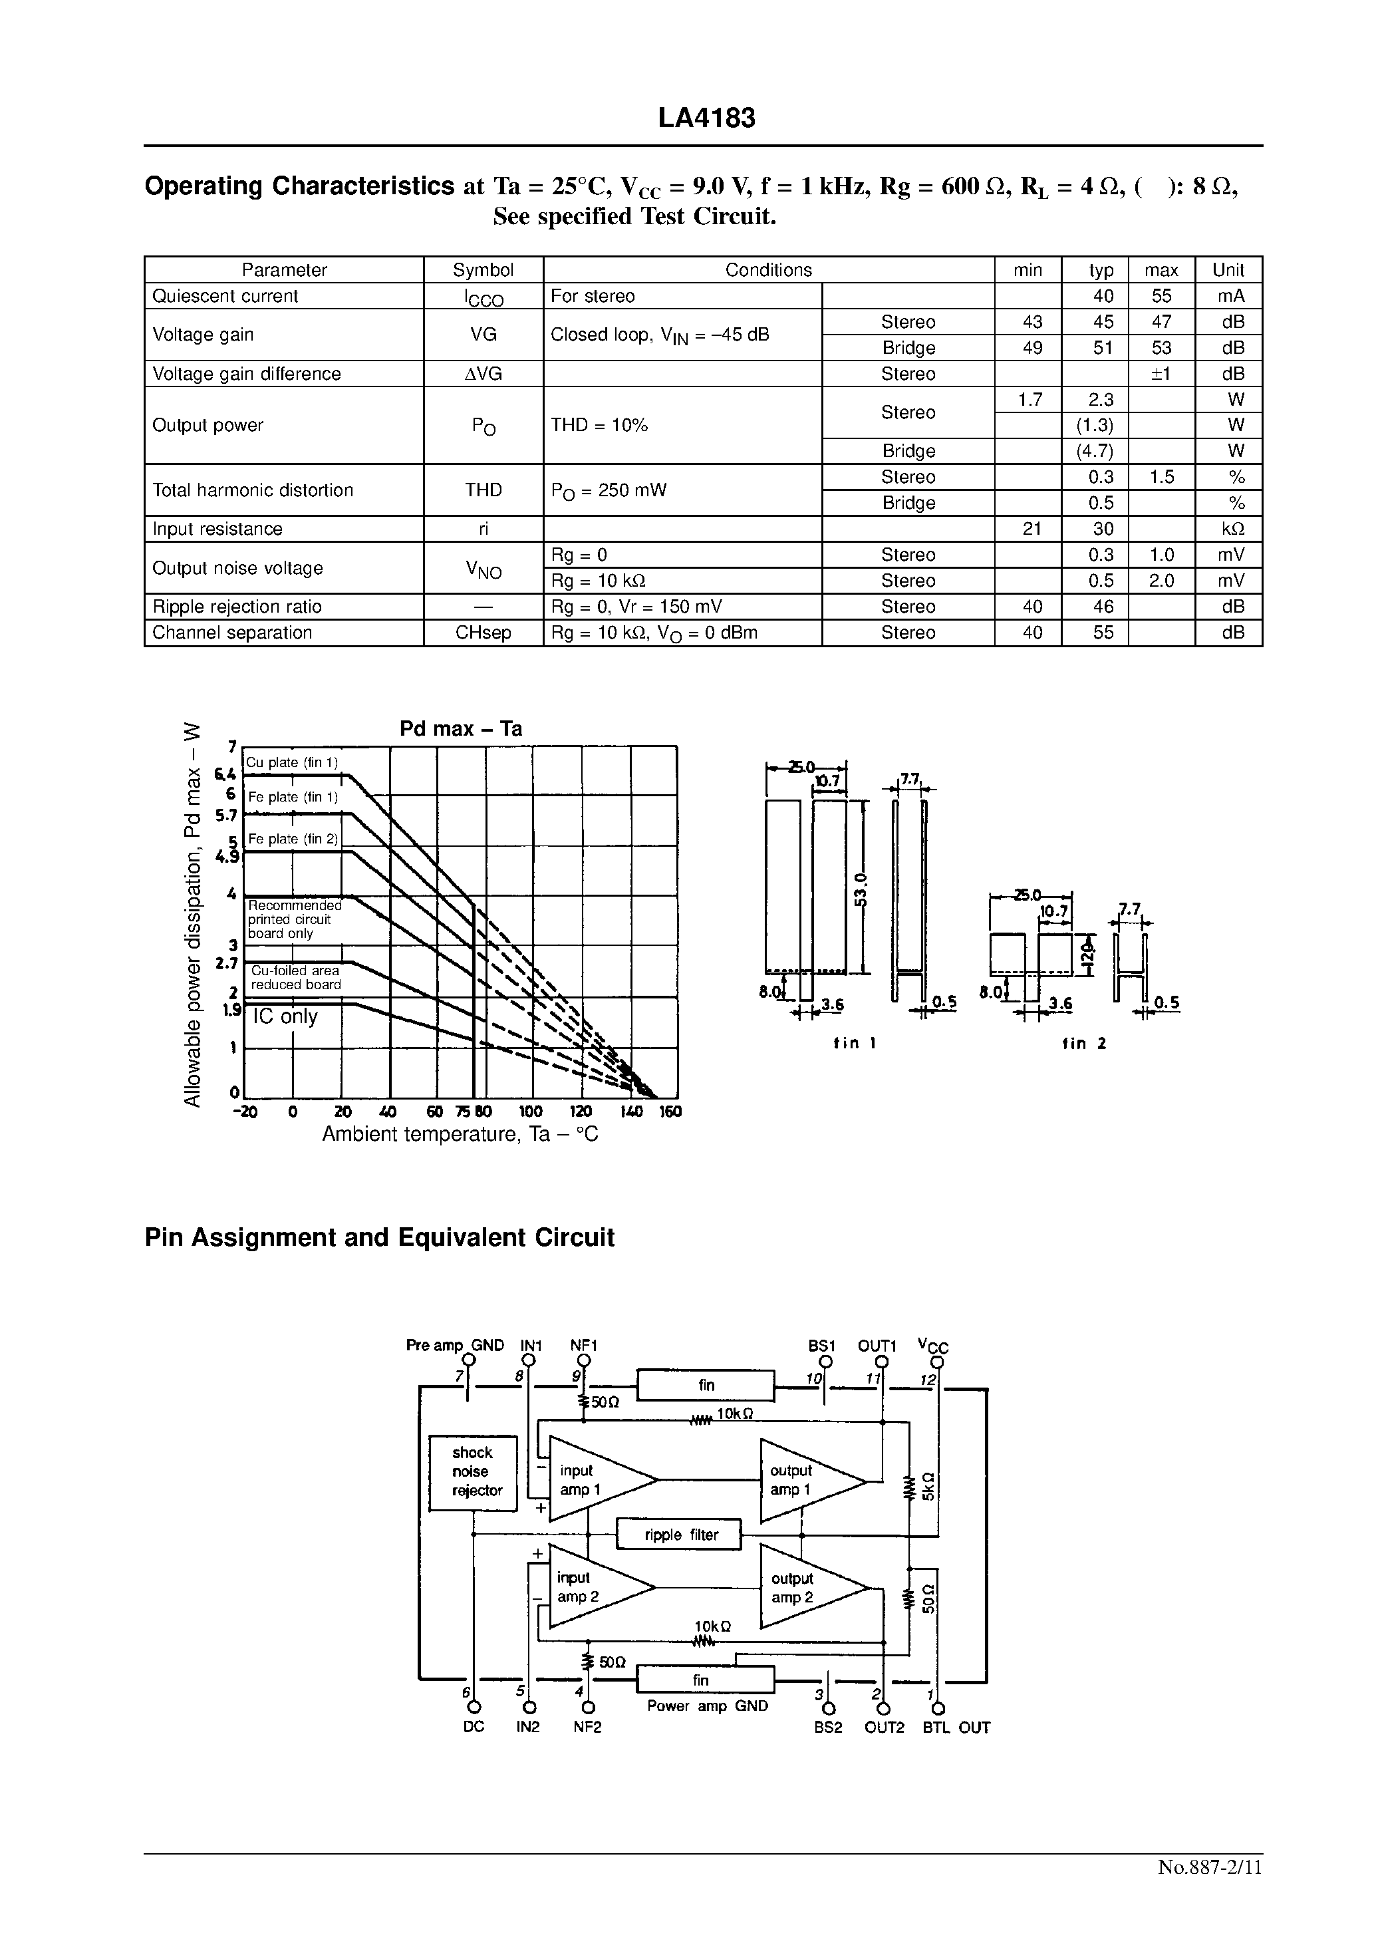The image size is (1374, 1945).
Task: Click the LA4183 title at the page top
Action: pyautogui.click(x=706, y=118)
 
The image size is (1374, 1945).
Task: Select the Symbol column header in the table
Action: pyautogui.click(x=483, y=269)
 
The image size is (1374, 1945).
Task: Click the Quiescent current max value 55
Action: pyautogui.click(x=1161, y=295)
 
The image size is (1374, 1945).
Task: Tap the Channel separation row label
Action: pyautogui.click(x=232, y=633)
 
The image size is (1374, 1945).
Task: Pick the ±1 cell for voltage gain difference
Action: pyautogui.click(x=1161, y=374)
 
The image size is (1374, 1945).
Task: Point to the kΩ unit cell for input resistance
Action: pyautogui.click(x=1228, y=529)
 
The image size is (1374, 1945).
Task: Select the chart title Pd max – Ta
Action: pyautogui.click(x=460, y=728)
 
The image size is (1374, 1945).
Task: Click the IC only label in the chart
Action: pyautogui.click(x=285, y=1016)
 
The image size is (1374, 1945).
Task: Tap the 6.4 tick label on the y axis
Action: pyautogui.click(x=225, y=774)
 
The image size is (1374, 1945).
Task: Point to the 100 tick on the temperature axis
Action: pyautogui.click(x=530, y=1112)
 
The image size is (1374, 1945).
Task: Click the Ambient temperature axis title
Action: pyautogui.click(x=460, y=1133)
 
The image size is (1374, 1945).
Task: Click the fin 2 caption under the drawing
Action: pyautogui.click(x=1084, y=1044)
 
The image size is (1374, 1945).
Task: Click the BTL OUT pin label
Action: pyautogui.click(x=956, y=1727)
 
